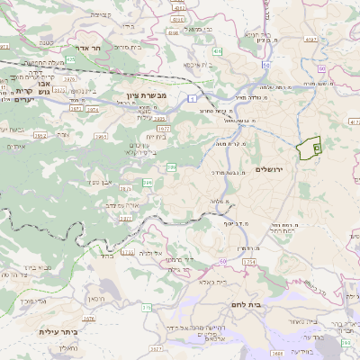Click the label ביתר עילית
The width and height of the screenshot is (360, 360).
(59, 331)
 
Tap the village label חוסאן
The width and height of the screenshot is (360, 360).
(98, 299)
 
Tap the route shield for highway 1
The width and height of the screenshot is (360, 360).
(192, 96)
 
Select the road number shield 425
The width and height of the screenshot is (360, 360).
(71, 58)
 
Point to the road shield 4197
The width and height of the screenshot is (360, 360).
(310, 39)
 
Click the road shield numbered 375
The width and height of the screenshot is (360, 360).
(145, 308)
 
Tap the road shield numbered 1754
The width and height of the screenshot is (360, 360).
(249, 261)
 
